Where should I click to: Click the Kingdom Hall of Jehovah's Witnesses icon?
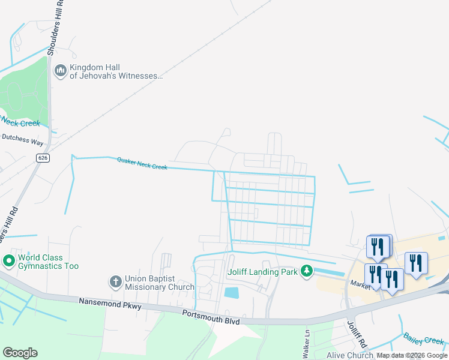[x=60, y=71]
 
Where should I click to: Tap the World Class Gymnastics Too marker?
[x=9, y=262]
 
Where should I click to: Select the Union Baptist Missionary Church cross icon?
[x=115, y=281]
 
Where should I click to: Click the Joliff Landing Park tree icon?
[x=307, y=271]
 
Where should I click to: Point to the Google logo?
[x=20, y=353]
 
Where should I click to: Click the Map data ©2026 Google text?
[x=412, y=356]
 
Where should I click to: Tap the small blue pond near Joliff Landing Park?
[x=231, y=293]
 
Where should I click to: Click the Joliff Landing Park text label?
[x=263, y=271]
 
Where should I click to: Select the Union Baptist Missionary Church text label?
[x=159, y=283]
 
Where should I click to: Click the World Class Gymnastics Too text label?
[x=48, y=262]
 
